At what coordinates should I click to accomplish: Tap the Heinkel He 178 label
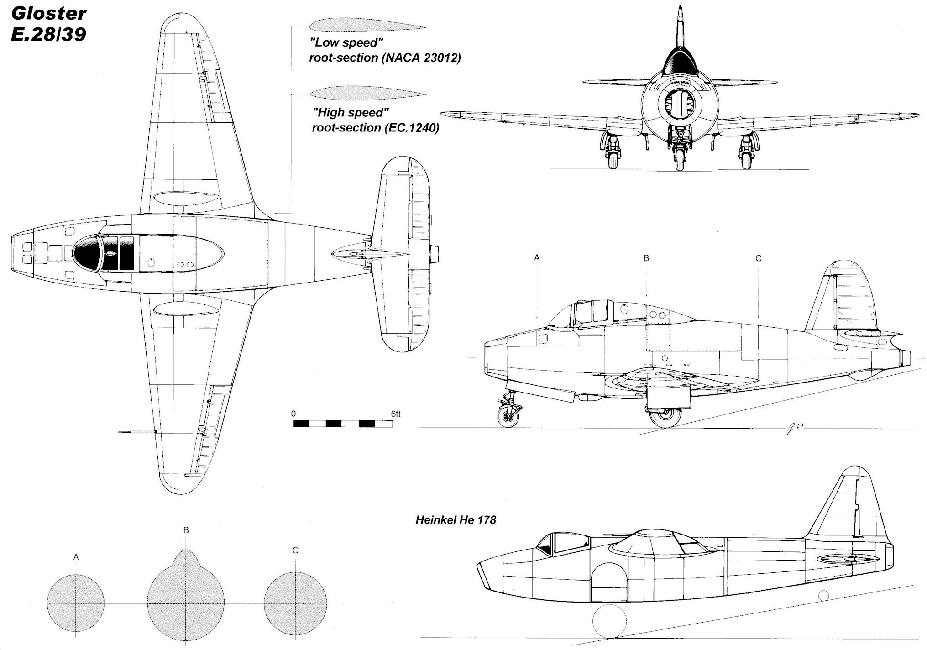(x=455, y=520)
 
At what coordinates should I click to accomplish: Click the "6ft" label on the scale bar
(x=395, y=414)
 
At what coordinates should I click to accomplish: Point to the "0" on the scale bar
(x=293, y=414)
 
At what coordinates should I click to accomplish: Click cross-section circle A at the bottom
(x=76, y=603)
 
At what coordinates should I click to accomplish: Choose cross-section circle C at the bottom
(x=295, y=603)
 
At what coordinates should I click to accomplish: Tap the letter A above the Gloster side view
(x=537, y=258)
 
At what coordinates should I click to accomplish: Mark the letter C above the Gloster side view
(x=759, y=258)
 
